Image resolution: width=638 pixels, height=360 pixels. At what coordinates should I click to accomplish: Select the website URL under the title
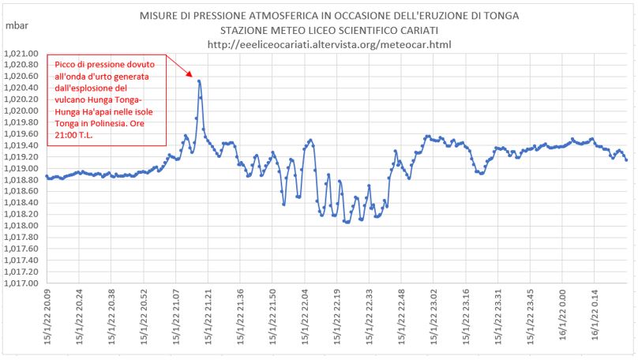328,44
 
